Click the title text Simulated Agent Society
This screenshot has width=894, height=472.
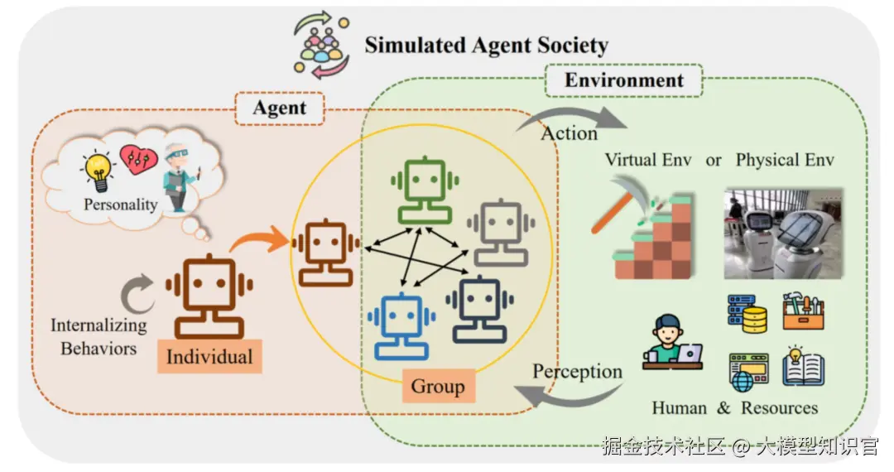(x=486, y=45)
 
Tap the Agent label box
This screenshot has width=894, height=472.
(x=279, y=108)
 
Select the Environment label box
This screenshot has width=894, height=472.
(x=623, y=80)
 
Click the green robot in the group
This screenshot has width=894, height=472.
(x=424, y=190)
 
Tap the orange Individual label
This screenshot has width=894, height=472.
(x=209, y=357)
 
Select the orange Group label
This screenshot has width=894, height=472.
(x=438, y=386)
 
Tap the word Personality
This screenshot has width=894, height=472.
(x=120, y=204)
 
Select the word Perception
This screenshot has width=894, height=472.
(x=577, y=371)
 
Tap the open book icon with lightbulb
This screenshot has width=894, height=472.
(x=802, y=367)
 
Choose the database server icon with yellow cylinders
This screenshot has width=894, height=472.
(x=747, y=312)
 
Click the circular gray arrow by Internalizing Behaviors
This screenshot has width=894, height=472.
(x=138, y=294)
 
